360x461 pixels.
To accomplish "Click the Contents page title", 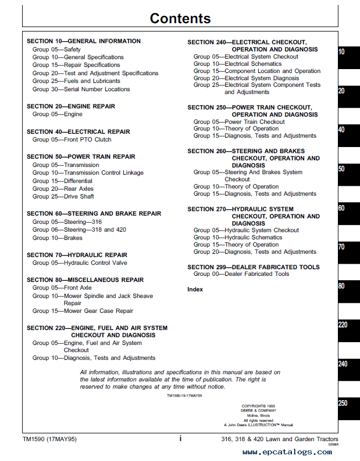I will point(180,18).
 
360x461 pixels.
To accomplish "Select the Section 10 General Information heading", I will point(84,41).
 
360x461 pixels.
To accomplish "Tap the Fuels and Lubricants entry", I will point(76,81).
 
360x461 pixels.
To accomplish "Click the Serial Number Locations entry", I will point(81,89).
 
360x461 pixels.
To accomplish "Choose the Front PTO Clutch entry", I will point(72,140).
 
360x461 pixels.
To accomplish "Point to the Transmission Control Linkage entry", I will point(88,172).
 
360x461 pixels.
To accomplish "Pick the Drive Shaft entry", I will point(63,196).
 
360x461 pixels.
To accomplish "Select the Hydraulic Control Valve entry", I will point(80,263).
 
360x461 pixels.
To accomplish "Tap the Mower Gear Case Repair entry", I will point(83,311).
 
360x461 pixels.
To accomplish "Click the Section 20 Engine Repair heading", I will point(70,106).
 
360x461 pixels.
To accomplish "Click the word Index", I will point(195,289).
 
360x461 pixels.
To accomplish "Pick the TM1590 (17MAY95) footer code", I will point(50,439).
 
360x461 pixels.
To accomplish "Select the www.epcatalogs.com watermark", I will point(287,452).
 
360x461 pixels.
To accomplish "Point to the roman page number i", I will point(180,439).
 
